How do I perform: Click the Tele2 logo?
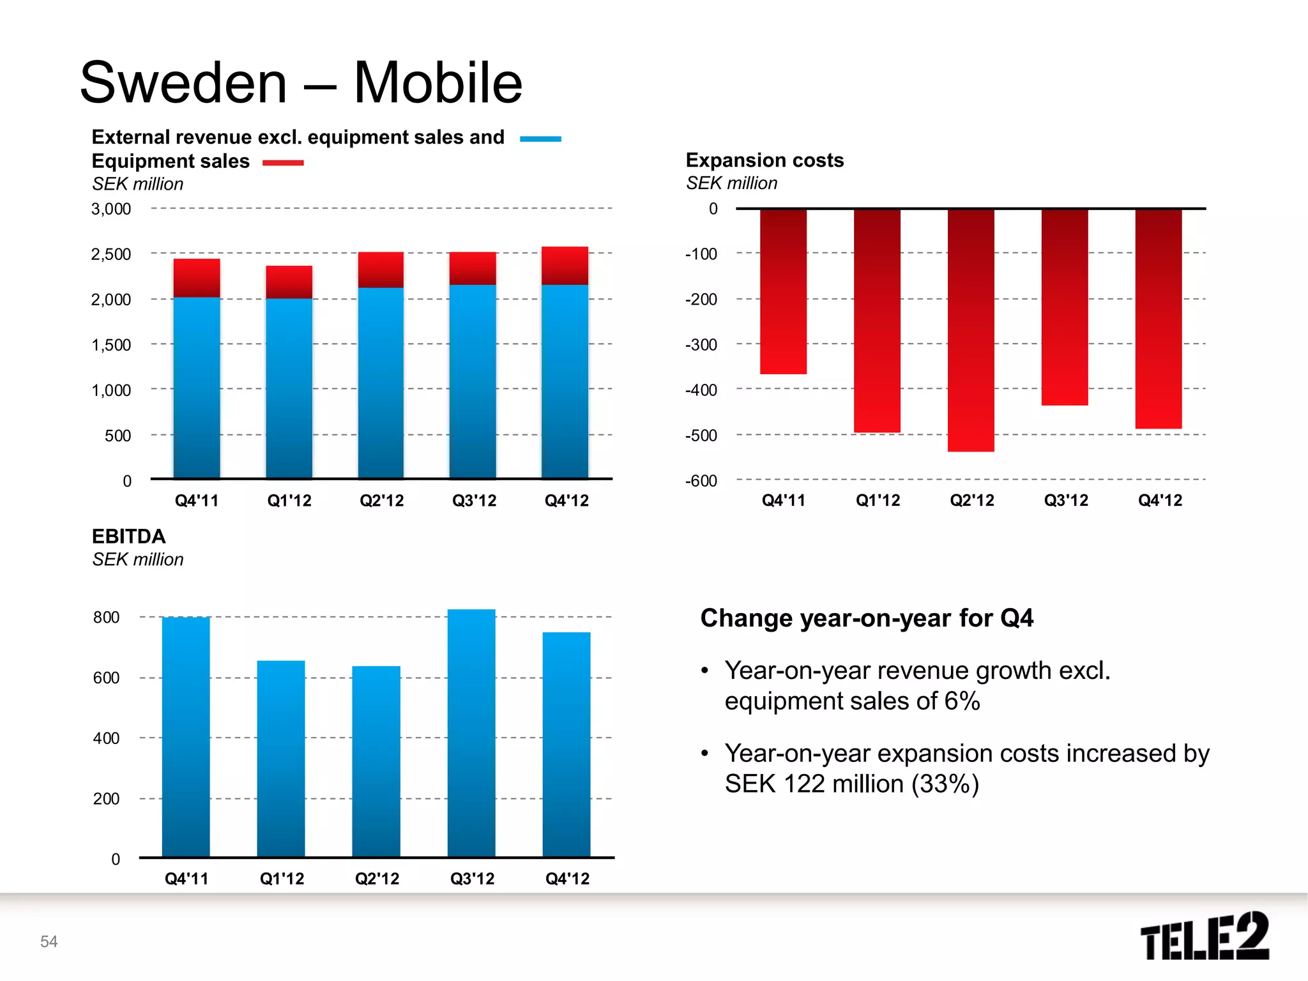1205,936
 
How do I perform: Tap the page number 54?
49,941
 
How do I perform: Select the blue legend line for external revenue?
540,139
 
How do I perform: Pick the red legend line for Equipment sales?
283,163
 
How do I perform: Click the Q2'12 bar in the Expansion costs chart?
971,330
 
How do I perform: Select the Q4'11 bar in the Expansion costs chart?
783,291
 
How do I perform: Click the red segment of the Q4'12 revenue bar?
565,266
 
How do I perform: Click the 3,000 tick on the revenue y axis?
111,209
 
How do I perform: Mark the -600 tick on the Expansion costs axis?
701,481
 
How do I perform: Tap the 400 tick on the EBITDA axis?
106,738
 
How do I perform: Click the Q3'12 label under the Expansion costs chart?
1066,500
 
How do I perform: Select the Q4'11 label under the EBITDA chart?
186,879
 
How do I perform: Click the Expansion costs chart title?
764,160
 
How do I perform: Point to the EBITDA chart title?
128,536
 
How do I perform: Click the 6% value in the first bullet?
962,701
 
